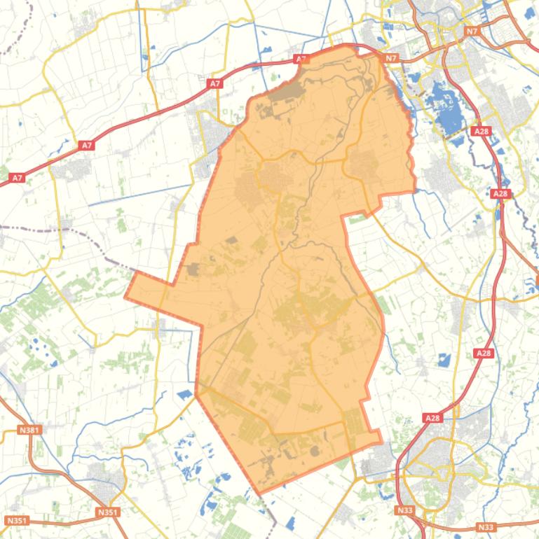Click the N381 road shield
pyautogui.click(x=30, y=430)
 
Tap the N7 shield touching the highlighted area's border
pyautogui.click(x=391, y=58)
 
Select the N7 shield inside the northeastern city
pyautogui.click(x=472, y=31)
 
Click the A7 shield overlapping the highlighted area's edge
pyautogui.click(x=301, y=59)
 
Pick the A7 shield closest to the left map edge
pyautogui.click(x=18, y=178)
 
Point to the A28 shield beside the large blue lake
pyautogui.click(x=481, y=131)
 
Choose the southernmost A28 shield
pyautogui.click(x=432, y=418)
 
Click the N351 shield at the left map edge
pyautogui.click(x=16, y=520)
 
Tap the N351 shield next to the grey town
pyautogui.click(x=107, y=512)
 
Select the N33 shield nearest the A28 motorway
pyautogui.click(x=404, y=510)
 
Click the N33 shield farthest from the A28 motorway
pyautogui.click(x=485, y=526)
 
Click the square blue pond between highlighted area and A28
pyautogui.click(x=443, y=360)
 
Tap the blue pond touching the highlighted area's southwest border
pyautogui.click(x=186, y=394)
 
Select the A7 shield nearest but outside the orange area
pyautogui.click(x=215, y=84)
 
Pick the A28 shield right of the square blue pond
pyautogui.click(x=484, y=353)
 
